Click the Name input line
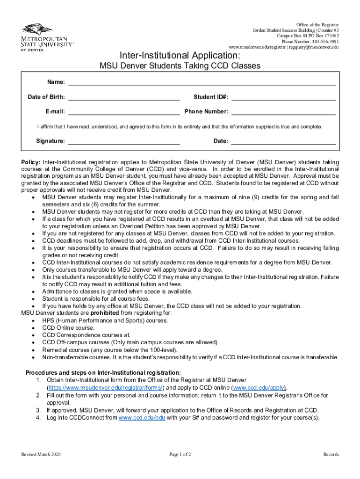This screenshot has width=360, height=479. pos(202,82)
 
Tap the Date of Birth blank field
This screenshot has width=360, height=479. pos(124,97)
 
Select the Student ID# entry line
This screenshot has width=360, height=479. pos(283,97)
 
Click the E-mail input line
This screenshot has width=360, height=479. pos(124,111)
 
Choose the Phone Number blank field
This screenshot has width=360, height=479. pos(283,111)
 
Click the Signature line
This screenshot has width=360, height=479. pos(124,141)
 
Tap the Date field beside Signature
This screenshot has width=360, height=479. pos(283,141)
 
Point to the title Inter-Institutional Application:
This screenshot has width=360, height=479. pos(180,56)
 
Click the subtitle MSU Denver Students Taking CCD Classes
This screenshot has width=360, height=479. pos(180,66)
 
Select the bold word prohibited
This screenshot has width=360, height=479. pos(105,312)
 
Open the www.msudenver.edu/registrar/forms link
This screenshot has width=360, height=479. pos(105,388)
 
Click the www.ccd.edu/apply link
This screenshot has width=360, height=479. pos(259,388)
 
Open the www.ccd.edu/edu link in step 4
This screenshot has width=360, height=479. pos(142,418)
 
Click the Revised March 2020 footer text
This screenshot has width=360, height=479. pos(41,454)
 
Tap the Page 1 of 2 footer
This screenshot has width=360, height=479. pos(180,454)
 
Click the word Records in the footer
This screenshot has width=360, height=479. pos(331,454)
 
